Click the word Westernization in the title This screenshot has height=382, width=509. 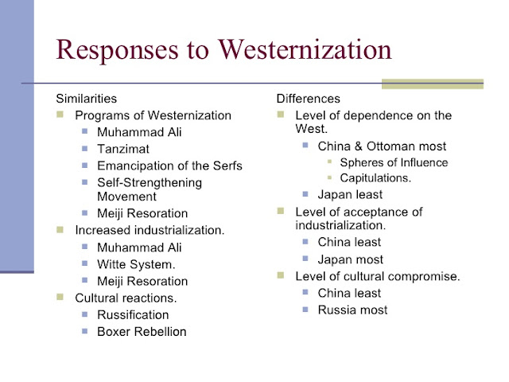click(305, 49)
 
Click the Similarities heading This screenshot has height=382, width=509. click(87, 99)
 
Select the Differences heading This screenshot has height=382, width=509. click(309, 99)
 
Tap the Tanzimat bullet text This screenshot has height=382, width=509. click(123, 149)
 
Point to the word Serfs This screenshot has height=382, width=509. click(227, 166)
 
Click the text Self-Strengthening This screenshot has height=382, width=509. click(150, 183)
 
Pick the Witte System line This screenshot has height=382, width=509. click(136, 264)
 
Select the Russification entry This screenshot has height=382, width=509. click(133, 315)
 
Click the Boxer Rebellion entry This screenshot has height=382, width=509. click(142, 332)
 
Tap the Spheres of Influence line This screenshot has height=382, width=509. click(394, 162)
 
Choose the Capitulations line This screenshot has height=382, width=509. click(375, 178)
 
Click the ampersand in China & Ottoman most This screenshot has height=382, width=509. click(359, 146)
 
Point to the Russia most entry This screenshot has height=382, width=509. click(353, 310)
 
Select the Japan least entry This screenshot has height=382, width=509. click(350, 194)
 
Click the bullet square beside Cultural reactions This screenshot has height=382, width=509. click(60, 297)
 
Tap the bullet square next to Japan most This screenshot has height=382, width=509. click(305, 259)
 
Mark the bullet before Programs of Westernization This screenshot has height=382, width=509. click(60, 115)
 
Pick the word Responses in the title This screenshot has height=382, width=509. click(117, 50)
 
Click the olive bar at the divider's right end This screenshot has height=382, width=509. click(433, 84)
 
